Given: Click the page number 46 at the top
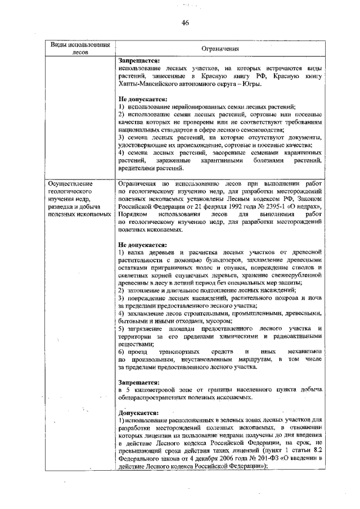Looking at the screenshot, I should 184,22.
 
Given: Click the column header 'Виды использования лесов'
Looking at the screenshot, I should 76,49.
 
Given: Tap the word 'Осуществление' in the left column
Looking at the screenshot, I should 69,183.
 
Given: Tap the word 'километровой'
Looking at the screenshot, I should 152,389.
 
